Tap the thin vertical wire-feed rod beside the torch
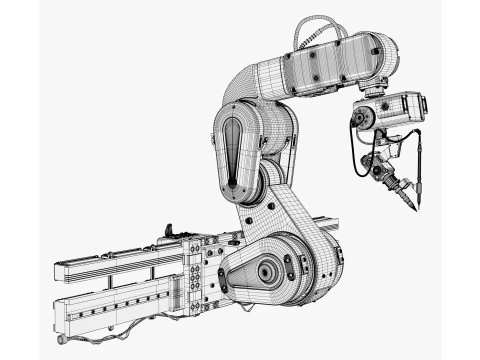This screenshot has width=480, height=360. click(x=419, y=170)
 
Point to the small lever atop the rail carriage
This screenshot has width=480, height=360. click(x=171, y=231)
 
